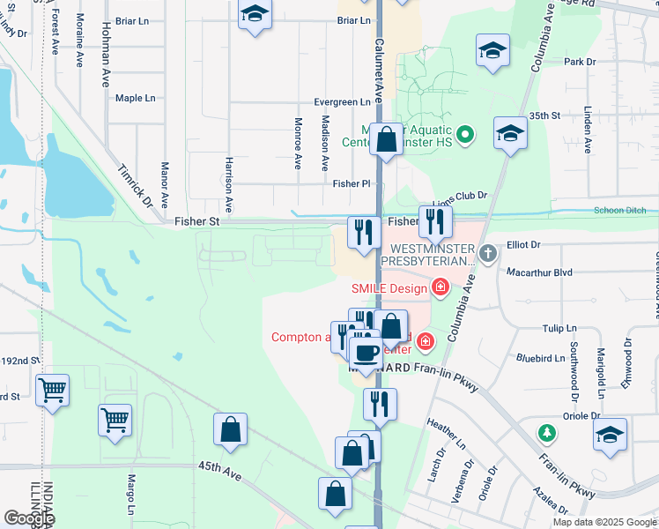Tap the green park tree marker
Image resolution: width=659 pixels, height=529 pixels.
[x=548, y=433]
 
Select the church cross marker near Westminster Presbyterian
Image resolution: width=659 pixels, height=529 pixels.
[x=489, y=254]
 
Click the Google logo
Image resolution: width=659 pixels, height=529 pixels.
[x=29, y=518]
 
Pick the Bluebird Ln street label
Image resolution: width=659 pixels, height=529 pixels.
[x=540, y=359]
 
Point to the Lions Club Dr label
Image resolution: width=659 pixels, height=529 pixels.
[x=465, y=197]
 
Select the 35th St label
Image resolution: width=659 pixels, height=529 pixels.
[x=544, y=115]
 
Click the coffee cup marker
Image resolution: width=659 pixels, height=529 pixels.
[x=367, y=353]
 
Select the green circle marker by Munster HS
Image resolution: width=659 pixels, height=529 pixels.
[x=467, y=135]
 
